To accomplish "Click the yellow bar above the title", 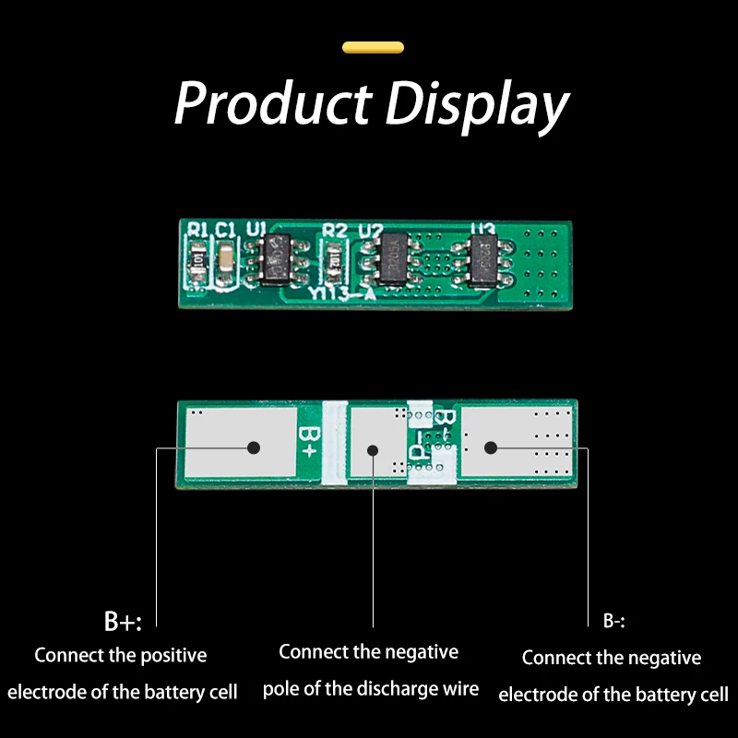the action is point(373,47).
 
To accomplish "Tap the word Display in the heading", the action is point(476,105).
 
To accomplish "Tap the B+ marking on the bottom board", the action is point(307,444).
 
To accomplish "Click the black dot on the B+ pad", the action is point(253,447).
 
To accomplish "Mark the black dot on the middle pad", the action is point(373,450).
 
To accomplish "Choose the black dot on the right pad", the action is point(491,447).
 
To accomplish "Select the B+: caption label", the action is point(123,622).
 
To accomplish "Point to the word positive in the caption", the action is point(173,656).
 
